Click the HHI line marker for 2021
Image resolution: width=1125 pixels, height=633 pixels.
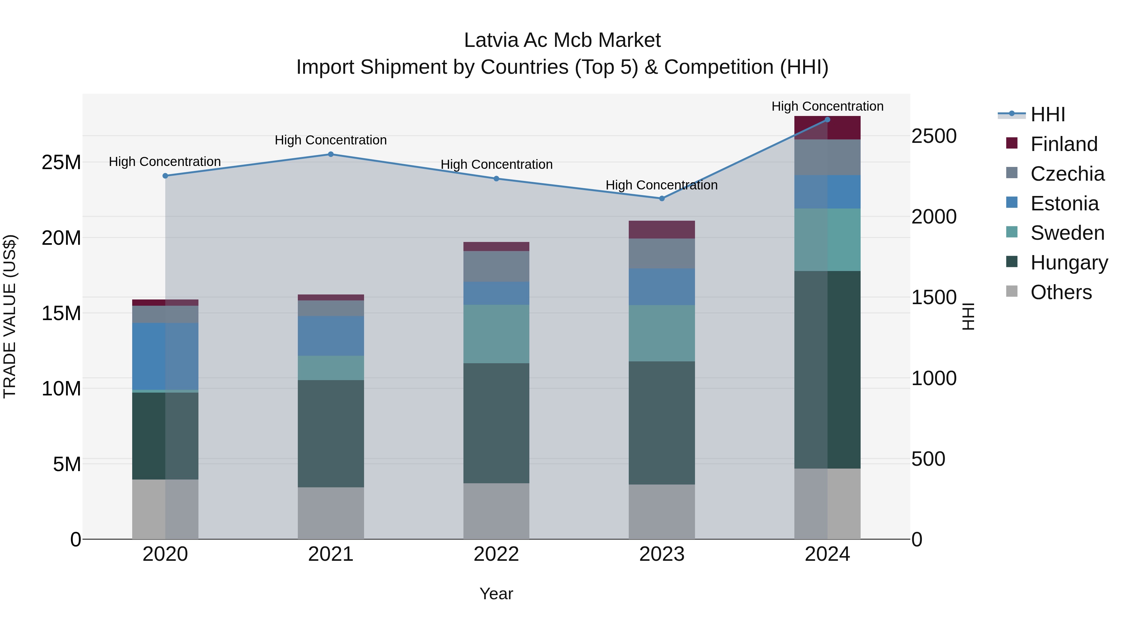[331, 154]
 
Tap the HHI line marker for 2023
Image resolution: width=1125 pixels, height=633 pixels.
[662, 198]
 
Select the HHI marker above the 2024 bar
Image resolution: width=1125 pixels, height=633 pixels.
[827, 120]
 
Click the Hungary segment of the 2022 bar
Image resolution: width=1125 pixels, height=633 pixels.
[496, 423]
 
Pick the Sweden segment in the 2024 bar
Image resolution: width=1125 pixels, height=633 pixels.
[827, 239]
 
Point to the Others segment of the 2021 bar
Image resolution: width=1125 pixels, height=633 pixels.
[331, 513]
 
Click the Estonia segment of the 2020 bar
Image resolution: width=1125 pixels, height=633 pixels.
[165, 356]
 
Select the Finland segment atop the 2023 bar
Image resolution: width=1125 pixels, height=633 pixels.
[662, 229]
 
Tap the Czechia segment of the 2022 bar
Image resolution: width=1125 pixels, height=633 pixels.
[496, 266]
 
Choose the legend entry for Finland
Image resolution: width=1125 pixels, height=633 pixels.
[1063, 144]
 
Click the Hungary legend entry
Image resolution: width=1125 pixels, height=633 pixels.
[1069, 263]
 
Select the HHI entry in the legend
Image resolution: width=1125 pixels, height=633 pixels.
[1047, 114]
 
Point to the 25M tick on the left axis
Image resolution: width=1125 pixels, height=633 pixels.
[61, 163]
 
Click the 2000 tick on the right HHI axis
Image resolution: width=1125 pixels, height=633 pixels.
[934, 217]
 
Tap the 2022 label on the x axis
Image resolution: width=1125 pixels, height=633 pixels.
[496, 554]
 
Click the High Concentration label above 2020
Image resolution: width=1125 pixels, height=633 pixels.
[165, 162]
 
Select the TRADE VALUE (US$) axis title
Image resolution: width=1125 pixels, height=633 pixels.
[10, 316]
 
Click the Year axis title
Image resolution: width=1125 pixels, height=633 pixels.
[496, 594]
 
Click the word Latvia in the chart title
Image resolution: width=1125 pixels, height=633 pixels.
[491, 40]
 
